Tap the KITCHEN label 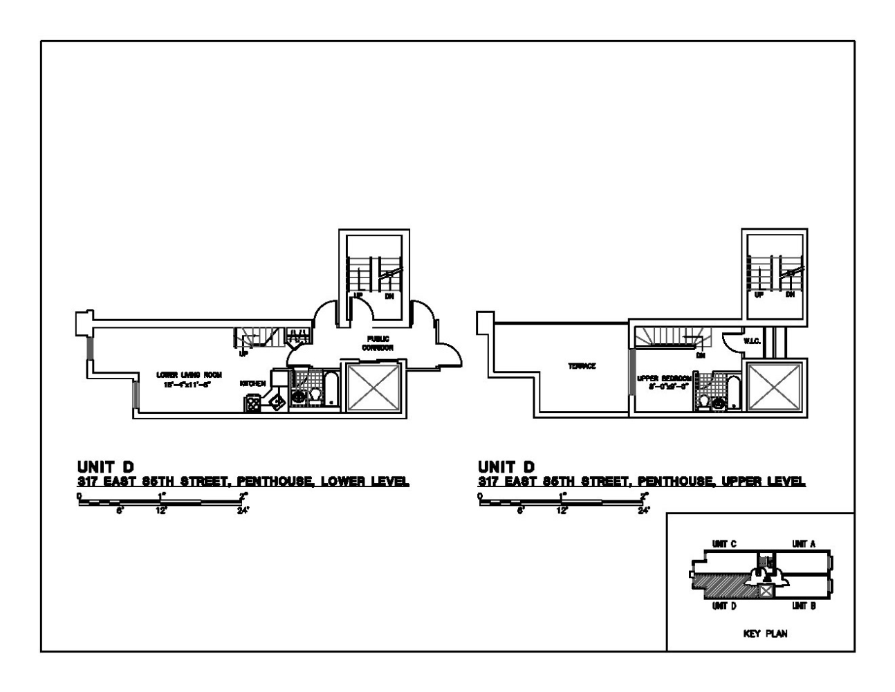(x=252, y=383)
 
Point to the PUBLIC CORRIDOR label (x=377, y=343)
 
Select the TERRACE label (x=582, y=367)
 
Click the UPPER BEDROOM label (x=664, y=379)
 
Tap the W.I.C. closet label (x=752, y=341)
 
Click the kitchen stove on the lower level (x=252, y=403)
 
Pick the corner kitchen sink (x=276, y=401)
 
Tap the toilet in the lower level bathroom (x=315, y=396)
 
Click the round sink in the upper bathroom (x=719, y=402)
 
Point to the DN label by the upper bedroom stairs (x=701, y=356)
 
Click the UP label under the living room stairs (x=243, y=354)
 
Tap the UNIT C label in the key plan (x=724, y=544)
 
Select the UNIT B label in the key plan (x=804, y=606)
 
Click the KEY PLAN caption (x=765, y=634)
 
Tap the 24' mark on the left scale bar (x=243, y=511)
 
